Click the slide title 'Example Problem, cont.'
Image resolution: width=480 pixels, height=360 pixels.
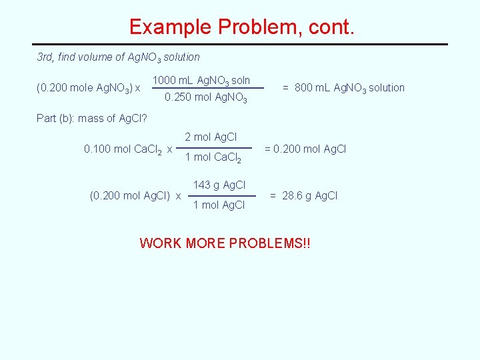tap(243, 27)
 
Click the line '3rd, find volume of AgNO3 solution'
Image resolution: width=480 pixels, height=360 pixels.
tap(118, 57)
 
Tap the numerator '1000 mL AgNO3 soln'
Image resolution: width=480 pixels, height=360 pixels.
tap(201, 81)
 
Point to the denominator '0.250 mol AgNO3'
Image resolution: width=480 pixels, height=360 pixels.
tap(205, 99)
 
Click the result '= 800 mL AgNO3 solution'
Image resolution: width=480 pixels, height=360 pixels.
tap(343, 87)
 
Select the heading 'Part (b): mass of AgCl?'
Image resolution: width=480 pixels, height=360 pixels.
tap(91, 119)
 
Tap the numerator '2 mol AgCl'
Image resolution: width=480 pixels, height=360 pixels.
tap(211, 137)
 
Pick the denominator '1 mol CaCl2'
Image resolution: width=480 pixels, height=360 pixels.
tap(212, 157)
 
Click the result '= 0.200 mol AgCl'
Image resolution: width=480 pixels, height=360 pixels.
tap(305, 149)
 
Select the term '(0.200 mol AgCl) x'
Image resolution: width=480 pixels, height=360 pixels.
tap(135, 196)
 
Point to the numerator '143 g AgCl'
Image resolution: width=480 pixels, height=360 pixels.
tap(219, 185)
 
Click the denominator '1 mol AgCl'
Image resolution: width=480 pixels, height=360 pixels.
tap(219, 205)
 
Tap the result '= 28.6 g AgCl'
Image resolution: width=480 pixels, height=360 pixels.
tap(303, 195)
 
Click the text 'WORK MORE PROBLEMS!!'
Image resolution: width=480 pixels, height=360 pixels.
tap(225, 243)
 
